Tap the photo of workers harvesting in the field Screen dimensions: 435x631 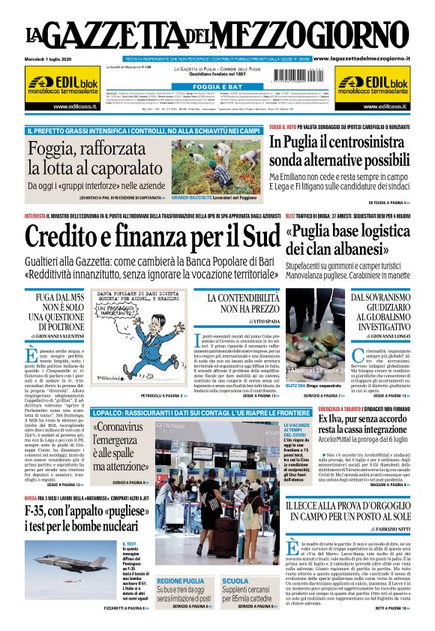click(x=214, y=164)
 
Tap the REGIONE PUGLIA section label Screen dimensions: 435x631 click(x=181, y=581)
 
